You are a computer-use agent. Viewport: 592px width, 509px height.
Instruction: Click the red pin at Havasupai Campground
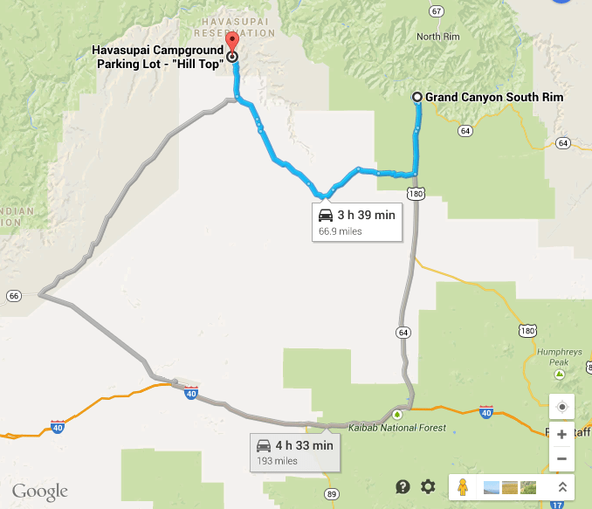point(231,43)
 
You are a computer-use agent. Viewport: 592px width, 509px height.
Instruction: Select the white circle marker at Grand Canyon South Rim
point(417,97)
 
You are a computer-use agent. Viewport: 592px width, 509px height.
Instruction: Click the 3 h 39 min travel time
point(365,215)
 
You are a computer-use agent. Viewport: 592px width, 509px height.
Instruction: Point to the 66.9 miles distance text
point(340,231)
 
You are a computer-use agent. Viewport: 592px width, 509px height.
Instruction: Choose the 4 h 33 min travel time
point(304,445)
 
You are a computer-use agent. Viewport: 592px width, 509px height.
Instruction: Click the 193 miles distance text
point(277,461)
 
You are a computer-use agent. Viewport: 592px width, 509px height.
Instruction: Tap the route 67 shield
point(436,10)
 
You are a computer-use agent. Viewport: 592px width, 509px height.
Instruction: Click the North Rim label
point(437,37)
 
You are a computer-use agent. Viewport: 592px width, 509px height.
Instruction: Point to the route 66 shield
point(13,297)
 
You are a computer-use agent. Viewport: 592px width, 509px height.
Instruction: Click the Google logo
point(40,491)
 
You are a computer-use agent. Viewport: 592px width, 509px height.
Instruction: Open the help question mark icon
point(403,487)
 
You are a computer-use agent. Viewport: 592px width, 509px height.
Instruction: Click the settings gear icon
point(428,487)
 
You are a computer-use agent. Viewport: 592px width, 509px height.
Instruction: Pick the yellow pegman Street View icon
point(463,487)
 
